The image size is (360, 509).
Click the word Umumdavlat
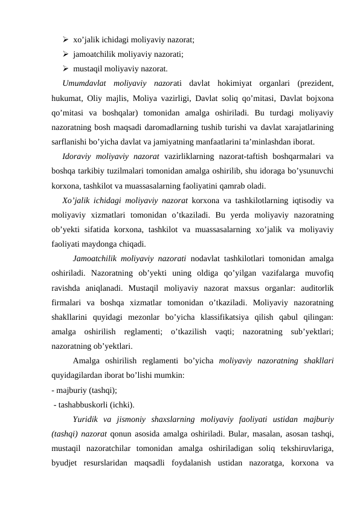pos(84,83)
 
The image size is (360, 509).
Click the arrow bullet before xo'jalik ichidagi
pos(65,39)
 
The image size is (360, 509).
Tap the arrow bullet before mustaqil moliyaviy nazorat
pos(65,68)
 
